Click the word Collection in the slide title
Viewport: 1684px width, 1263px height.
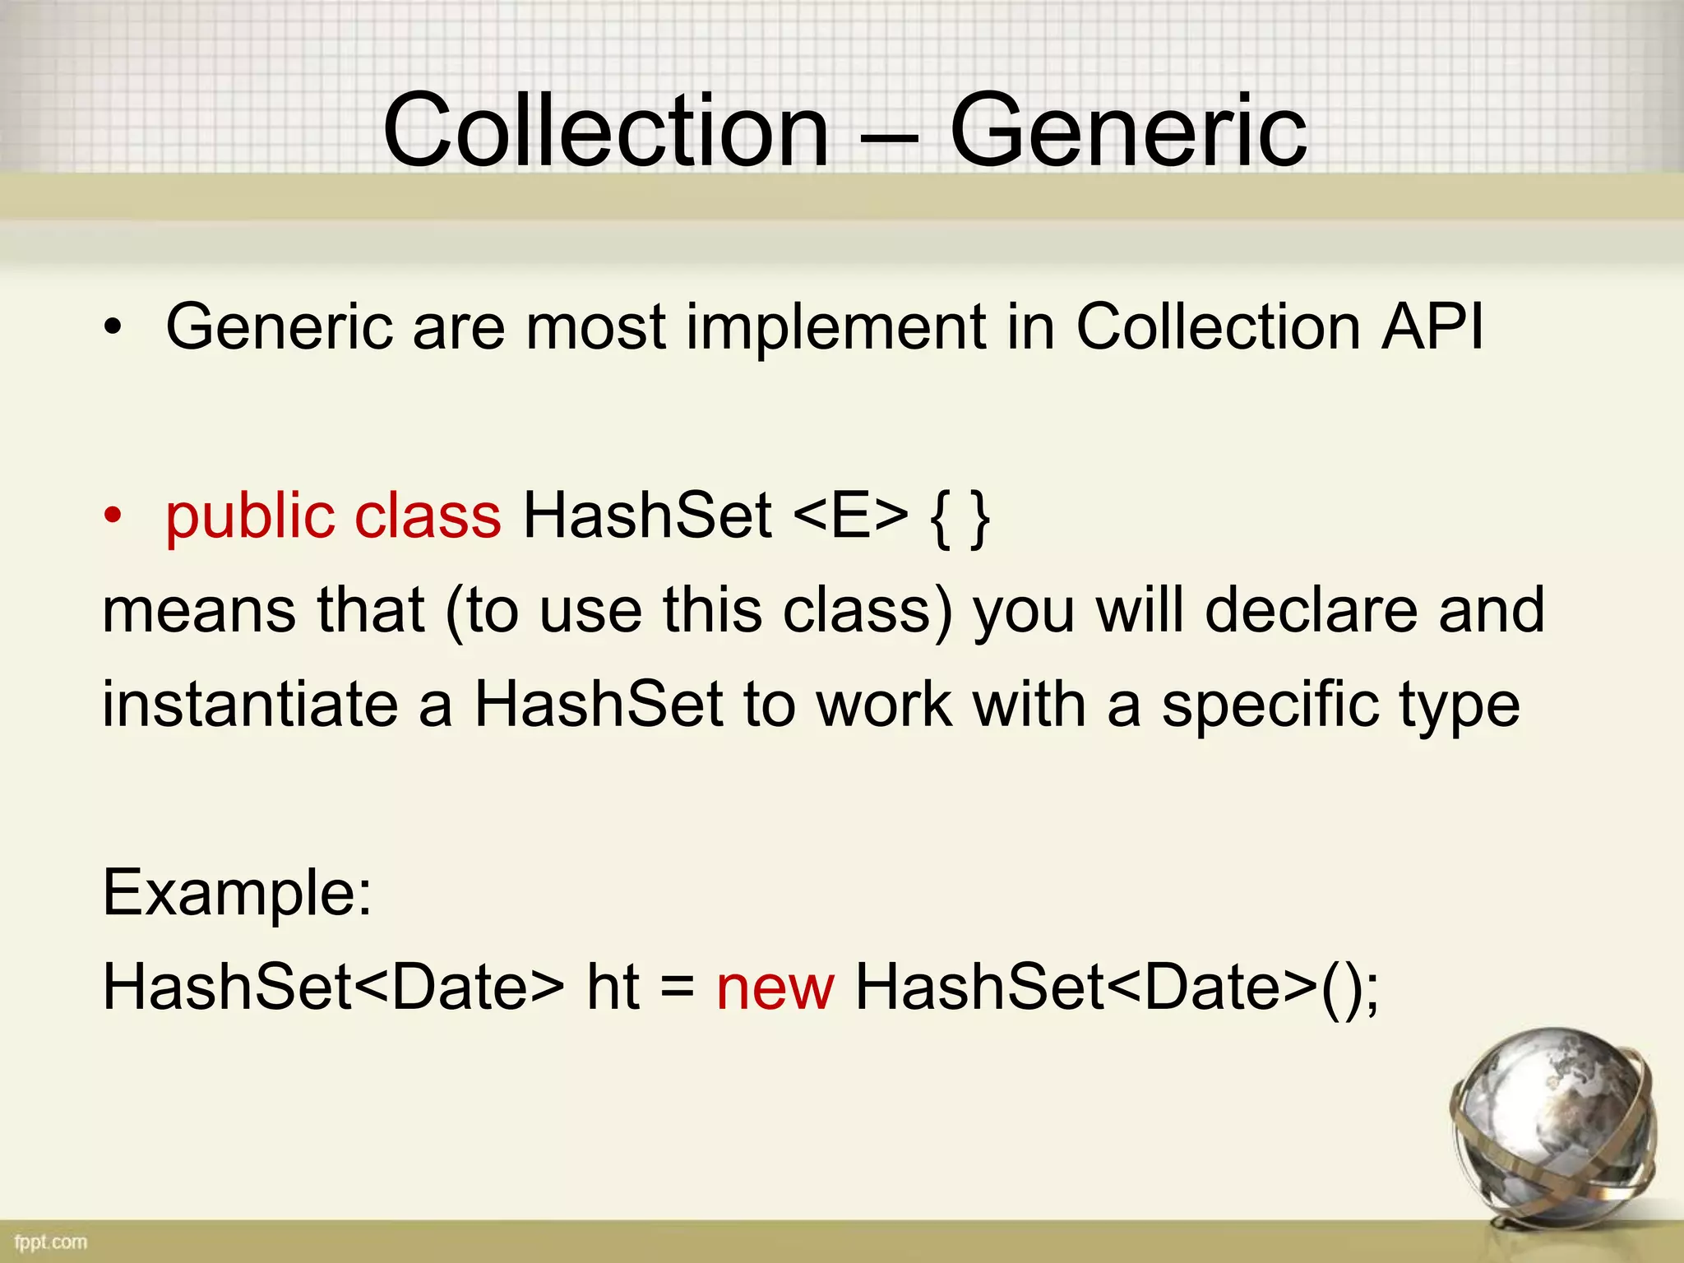point(606,132)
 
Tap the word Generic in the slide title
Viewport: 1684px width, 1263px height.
point(1128,132)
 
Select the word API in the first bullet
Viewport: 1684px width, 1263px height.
point(1432,327)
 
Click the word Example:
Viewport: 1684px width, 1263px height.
point(237,894)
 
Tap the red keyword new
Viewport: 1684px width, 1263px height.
point(775,988)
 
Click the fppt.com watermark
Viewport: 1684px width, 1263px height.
point(50,1242)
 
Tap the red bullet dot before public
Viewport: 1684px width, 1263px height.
point(113,517)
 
